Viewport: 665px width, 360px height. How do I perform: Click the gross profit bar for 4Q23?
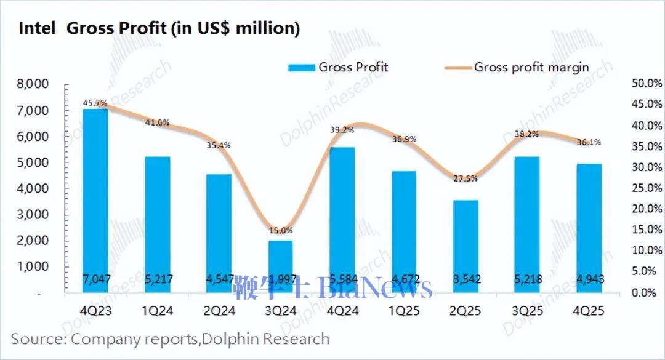click(x=95, y=197)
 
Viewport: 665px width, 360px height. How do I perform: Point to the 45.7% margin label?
click(x=95, y=102)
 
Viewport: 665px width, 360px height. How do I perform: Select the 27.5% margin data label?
click(x=465, y=179)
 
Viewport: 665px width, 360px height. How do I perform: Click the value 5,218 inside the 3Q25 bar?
click(x=527, y=279)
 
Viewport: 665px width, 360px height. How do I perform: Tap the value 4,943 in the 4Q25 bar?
click(x=589, y=279)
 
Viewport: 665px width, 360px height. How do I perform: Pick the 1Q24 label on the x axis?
click(x=157, y=311)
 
